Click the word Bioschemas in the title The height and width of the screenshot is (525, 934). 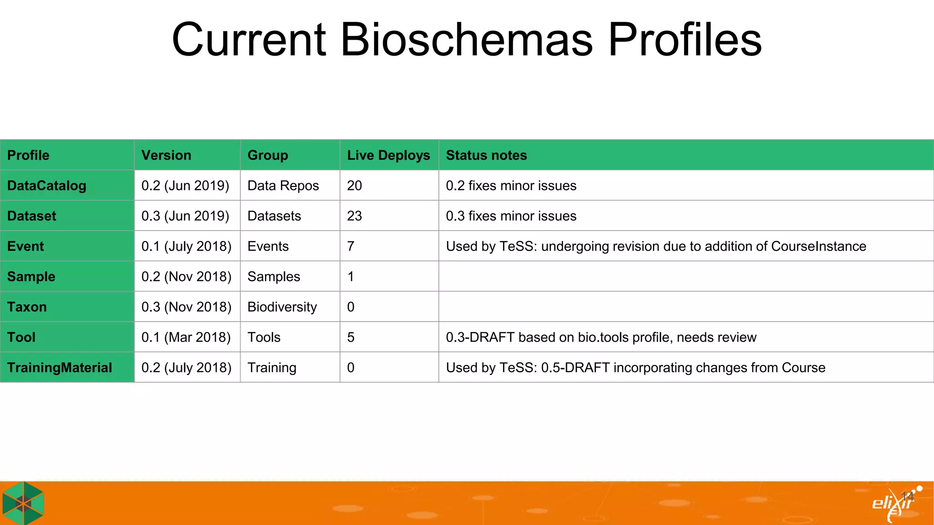467,40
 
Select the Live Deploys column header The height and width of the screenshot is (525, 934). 388,155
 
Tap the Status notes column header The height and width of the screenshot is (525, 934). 486,155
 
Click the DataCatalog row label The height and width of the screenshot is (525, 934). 47,186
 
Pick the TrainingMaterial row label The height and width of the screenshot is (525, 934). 60,368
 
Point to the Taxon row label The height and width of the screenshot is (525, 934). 27,307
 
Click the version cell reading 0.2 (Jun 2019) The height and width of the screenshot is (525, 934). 185,186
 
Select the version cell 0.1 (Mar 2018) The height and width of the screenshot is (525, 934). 186,338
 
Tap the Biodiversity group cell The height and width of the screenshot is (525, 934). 282,307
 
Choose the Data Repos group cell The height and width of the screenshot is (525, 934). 283,186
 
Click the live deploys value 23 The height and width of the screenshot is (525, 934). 354,216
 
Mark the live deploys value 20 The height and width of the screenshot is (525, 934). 354,186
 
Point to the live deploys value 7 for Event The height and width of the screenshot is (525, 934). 351,247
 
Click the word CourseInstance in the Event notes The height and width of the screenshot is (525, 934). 818,247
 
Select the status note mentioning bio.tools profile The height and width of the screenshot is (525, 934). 601,338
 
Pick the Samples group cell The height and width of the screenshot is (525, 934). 274,277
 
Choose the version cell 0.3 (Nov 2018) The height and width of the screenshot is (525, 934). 186,307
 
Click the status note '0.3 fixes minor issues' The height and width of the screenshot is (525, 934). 511,216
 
